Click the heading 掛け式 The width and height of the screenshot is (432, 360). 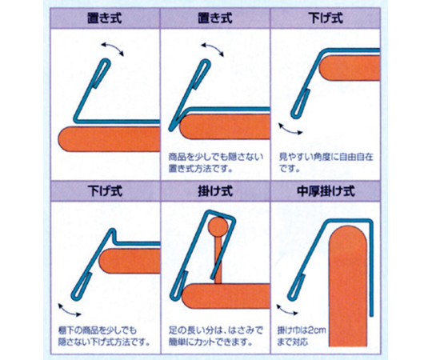(x=215, y=191)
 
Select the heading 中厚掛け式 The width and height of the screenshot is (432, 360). (x=326, y=191)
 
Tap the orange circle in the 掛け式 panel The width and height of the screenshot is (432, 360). (x=218, y=226)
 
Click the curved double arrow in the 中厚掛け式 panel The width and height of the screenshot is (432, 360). (x=287, y=310)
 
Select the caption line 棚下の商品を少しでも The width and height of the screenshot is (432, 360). (x=98, y=330)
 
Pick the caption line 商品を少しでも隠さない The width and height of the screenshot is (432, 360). (x=216, y=157)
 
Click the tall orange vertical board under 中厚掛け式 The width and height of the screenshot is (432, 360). (x=348, y=286)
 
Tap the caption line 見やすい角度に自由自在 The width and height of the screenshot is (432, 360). (x=326, y=157)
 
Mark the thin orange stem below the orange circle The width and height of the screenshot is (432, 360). (x=218, y=260)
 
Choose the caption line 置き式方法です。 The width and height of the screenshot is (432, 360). (x=200, y=169)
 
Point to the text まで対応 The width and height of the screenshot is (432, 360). (x=292, y=342)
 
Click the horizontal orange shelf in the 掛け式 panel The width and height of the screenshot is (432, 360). (x=226, y=295)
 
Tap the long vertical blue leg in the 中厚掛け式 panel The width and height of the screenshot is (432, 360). (x=371, y=270)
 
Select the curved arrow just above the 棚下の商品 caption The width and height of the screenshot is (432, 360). (x=70, y=310)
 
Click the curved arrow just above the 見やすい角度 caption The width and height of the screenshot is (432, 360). (x=290, y=129)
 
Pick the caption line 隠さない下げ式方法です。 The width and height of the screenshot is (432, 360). (x=104, y=342)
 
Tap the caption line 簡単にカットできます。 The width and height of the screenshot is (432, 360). (x=210, y=342)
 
